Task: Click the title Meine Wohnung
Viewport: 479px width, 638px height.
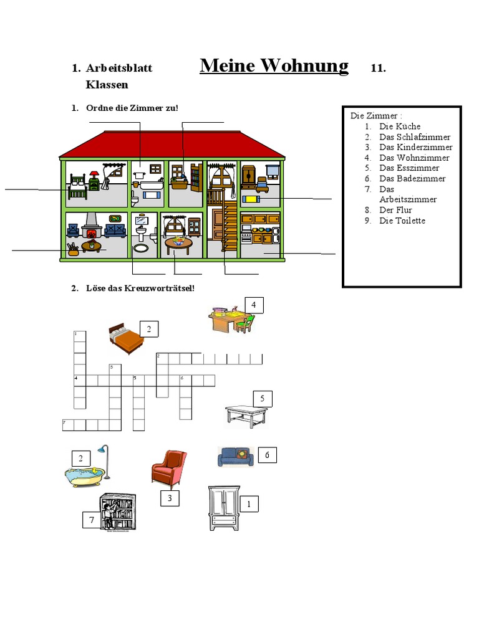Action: coord(274,66)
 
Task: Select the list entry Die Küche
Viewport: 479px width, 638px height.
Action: coord(400,126)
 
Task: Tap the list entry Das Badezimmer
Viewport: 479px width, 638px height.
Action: coord(412,179)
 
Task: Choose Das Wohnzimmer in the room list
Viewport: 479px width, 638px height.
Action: coord(414,158)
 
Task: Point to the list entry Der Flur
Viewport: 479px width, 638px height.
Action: coord(395,210)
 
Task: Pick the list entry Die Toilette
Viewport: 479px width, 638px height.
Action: coord(402,221)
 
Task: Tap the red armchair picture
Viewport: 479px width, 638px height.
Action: coord(168,468)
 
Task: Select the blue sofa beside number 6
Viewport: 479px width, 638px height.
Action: coord(236,457)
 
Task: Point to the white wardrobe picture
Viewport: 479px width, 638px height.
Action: coord(223,508)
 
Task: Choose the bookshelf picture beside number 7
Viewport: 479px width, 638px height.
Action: coord(119,512)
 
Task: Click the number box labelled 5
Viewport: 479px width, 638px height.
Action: coord(263,399)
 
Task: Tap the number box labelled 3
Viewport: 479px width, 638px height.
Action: coord(170,498)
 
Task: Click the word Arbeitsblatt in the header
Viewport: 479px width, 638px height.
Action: coord(119,69)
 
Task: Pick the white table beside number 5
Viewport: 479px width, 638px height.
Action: coord(246,416)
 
